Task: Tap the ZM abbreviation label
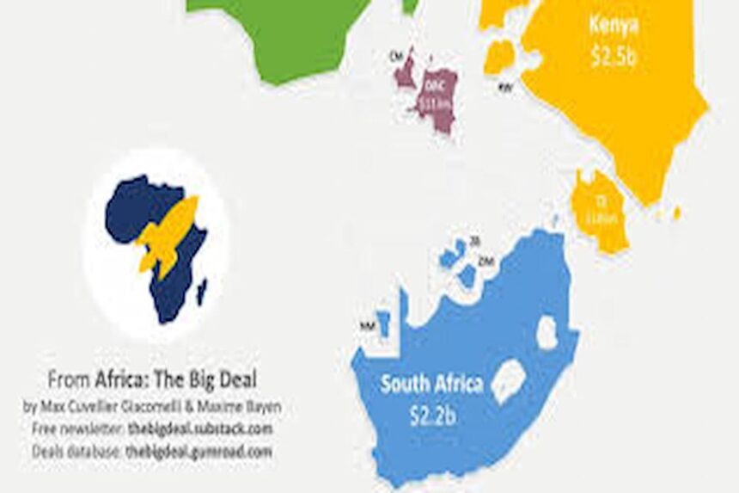point(487,260)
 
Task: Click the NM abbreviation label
point(367,326)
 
